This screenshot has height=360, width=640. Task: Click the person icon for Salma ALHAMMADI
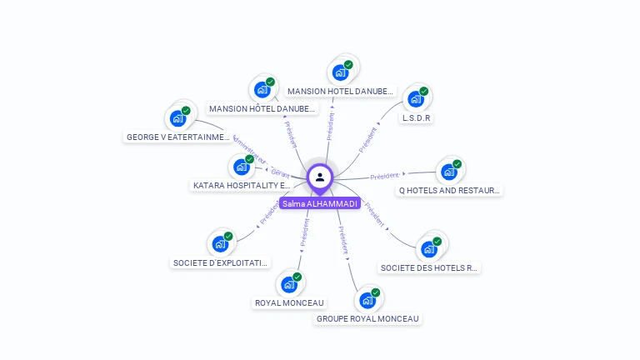[x=320, y=177]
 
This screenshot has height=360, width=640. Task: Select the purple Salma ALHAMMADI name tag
[x=320, y=203]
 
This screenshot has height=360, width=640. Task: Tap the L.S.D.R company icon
[x=414, y=100]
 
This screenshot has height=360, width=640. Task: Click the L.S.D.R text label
[x=416, y=118]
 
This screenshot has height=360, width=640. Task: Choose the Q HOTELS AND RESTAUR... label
[x=449, y=190]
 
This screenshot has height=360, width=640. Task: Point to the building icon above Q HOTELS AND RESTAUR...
[x=448, y=172]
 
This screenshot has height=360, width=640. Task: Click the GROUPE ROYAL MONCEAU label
[x=367, y=318]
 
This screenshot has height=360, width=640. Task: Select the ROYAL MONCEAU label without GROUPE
[x=290, y=302]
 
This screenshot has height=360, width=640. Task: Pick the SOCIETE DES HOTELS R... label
[x=429, y=267]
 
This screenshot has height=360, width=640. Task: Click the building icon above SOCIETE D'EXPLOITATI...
[x=220, y=244]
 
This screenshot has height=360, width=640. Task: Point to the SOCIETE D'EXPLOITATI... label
[x=221, y=262]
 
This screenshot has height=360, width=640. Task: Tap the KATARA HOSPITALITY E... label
[x=242, y=185]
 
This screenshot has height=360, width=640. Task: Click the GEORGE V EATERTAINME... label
[x=177, y=137]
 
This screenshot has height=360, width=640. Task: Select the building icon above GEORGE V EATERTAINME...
[x=177, y=118]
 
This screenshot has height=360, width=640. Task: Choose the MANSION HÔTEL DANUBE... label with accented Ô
[x=262, y=108]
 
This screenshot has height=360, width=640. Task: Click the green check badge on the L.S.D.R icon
[x=423, y=91]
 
